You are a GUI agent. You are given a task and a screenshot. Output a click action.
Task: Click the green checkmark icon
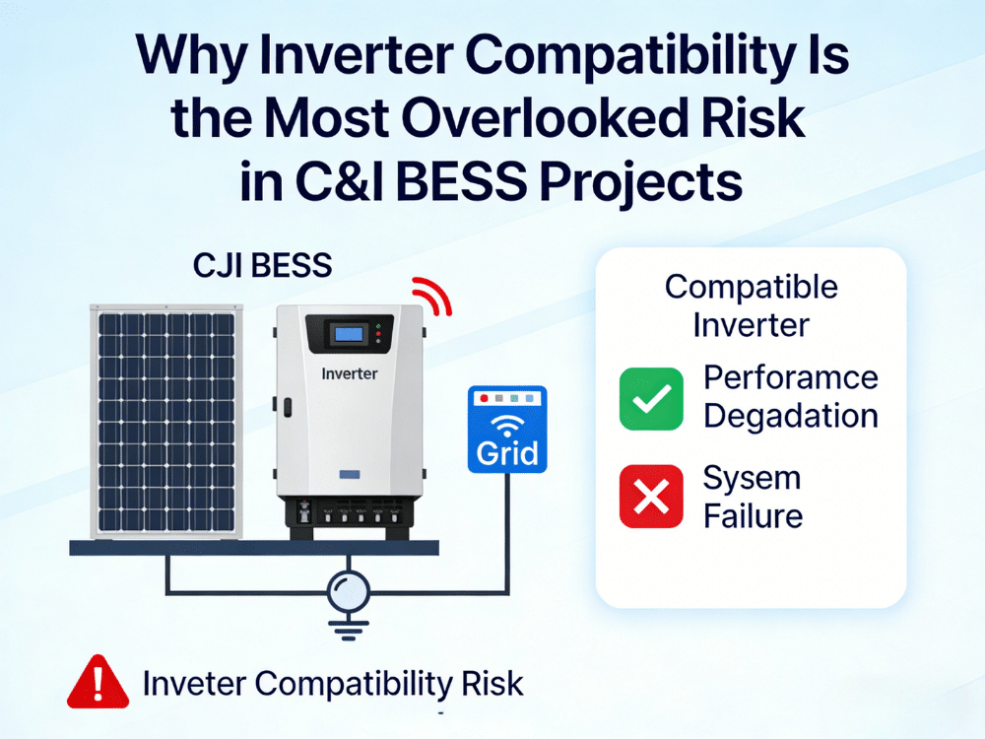tap(651, 398)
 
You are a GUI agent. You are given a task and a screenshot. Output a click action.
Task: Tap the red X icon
tap(651, 496)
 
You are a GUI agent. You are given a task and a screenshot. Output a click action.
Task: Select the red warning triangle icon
tap(98, 682)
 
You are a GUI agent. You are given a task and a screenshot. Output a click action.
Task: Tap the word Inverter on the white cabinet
tap(349, 374)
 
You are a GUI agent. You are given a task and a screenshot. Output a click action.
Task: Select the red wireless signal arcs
tap(432, 295)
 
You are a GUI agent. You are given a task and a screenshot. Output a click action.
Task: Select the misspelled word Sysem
tap(752, 479)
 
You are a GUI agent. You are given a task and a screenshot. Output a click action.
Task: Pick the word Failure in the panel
tap(754, 515)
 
